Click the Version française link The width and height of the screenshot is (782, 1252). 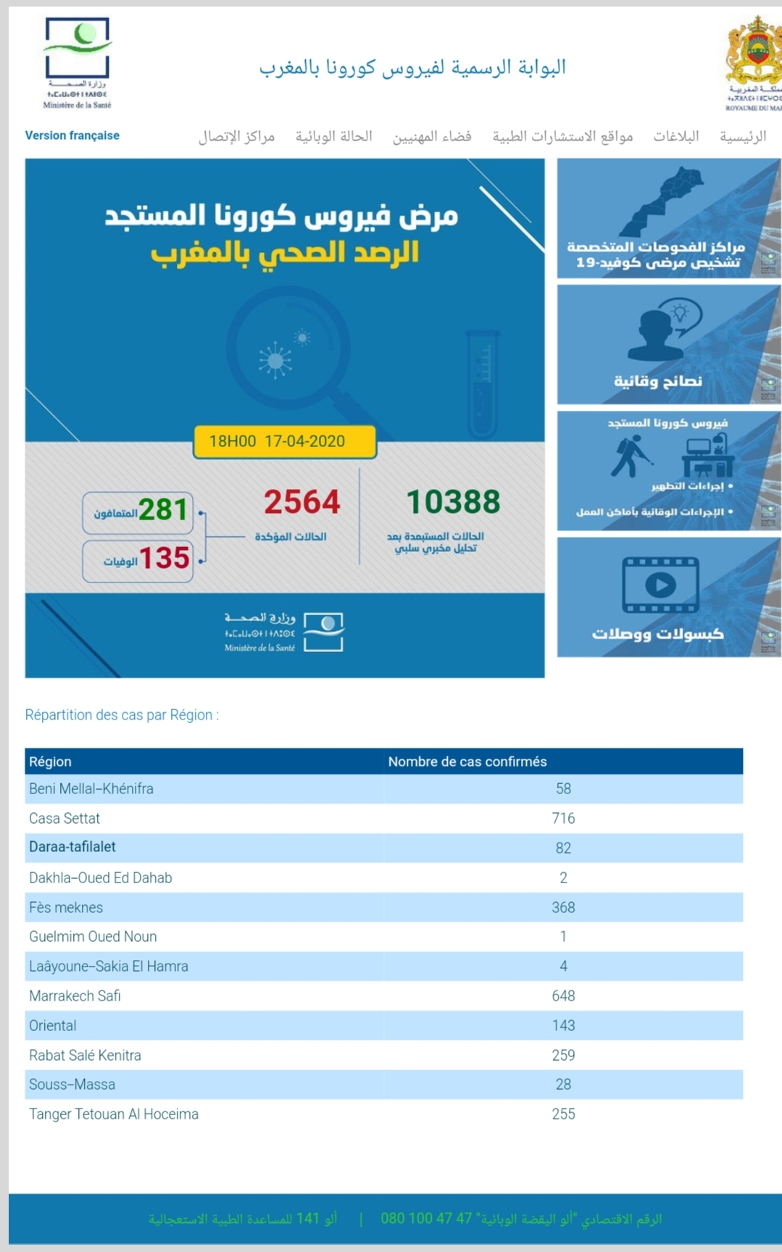(72, 135)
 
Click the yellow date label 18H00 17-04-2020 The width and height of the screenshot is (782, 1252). (284, 441)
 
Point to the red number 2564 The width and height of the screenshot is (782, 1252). (301, 502)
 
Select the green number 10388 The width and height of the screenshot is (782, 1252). (453, 502)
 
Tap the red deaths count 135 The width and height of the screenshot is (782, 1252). (164, 559)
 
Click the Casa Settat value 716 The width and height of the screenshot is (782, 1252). (563, 819)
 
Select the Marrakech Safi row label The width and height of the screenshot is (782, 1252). (75, 996)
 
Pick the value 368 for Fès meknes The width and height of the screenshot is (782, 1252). (563, 908)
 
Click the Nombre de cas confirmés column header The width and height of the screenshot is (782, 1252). (467, 761)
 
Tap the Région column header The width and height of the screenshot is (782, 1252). (50, 761)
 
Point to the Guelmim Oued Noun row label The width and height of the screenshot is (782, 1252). (93, 937)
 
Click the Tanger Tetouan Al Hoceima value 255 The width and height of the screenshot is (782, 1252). (563, 1114)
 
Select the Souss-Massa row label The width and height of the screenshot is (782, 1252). (72, 1085)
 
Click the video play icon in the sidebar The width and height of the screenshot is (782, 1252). (660, 585)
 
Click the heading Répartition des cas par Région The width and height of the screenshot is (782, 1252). (122, 715)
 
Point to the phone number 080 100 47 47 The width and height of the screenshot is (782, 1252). (426, 1219)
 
